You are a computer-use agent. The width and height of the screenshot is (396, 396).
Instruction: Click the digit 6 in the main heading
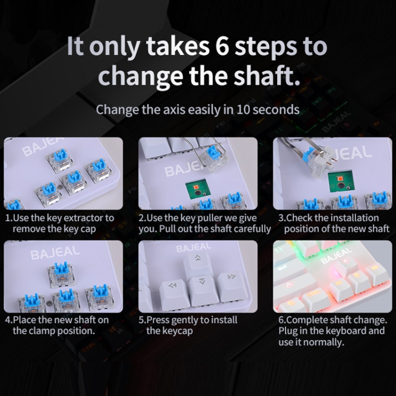click(222, 46)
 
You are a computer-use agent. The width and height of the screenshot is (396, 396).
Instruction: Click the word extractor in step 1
click(84, 218)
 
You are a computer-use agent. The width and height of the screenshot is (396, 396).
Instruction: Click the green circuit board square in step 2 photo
click(196, 189)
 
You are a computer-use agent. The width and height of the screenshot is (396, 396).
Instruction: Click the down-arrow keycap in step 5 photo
click(202, 290)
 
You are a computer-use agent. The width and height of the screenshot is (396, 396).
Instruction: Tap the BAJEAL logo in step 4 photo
click(55, 253)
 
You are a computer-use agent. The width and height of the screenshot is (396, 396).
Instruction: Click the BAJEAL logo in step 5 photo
click(194, 247)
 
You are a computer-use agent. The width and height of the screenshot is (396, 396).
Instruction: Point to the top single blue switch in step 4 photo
click(61, 274)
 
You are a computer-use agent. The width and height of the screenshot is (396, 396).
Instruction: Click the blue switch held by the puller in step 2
click(214, 158)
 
